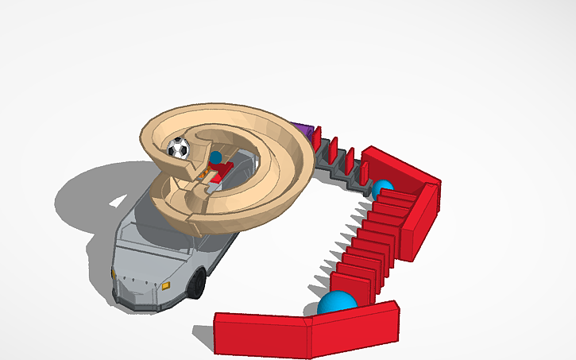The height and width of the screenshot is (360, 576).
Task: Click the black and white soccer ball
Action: [179, 148]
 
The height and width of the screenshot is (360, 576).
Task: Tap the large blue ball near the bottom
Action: [337, 304]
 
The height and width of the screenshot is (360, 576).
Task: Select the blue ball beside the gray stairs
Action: [383, 189]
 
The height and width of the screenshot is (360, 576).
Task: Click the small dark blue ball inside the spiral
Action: [215, 157]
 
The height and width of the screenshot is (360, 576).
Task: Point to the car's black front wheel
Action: [195, 284]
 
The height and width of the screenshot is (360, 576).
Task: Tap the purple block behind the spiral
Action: [302, 129]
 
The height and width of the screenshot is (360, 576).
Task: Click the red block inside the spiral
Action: [223, 169]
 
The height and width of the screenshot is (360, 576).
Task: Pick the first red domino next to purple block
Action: [315, 137]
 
